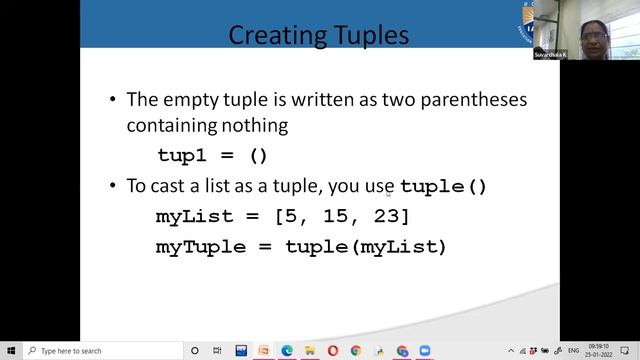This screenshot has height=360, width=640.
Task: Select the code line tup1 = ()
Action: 213,155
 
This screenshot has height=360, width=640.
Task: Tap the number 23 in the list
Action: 386,216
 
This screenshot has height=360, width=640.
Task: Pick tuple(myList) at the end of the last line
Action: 365,246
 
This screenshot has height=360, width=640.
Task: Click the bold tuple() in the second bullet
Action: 443,186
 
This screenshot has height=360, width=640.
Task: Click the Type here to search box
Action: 100,351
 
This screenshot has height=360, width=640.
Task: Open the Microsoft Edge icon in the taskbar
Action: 286,351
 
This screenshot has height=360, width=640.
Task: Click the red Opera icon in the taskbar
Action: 332,351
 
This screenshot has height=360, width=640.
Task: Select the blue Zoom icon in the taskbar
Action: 425,351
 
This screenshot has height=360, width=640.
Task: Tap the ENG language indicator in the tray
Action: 573,351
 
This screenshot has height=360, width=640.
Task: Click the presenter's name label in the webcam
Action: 549,54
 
